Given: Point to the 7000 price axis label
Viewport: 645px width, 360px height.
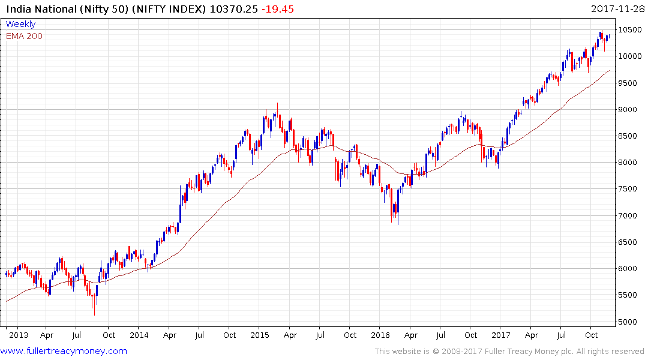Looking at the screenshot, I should pyautogui.click(x=628, y=216).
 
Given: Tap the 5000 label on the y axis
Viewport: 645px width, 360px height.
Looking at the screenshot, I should pyautogui.click(x=628, y=322).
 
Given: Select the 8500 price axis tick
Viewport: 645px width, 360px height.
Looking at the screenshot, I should pyautogui.click(x=628, y=136).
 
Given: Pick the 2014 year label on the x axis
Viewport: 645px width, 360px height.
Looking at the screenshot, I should pyautogui.click(x=139, y=335).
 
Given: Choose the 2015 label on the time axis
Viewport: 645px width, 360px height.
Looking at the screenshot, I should pyautogui.click(x=260, y=335).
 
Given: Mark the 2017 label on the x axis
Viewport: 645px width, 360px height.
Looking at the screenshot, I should pyautogui.click(x=501, y=335).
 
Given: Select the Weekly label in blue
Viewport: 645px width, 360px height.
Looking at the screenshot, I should pyautogui.click(x=20, y=24).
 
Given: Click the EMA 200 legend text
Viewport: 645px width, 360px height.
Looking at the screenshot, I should pyautogui.click(x=24, y=36).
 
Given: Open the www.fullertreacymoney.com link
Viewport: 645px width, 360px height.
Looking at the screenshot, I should pyautogui.click(x=64, y=351).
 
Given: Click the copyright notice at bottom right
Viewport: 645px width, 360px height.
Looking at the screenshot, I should pyautogui.click(x=509, y=352).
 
